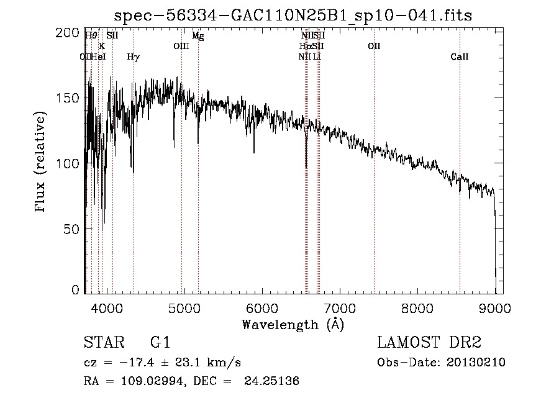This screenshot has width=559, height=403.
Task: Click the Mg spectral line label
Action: click(x=198, y=36)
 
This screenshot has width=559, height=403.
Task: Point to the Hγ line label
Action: click(x=133, y=57)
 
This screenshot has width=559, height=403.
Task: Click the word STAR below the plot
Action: click(x=102, y=343)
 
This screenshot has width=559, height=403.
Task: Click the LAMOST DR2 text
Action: click(x=429, y=343)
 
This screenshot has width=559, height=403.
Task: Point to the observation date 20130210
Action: click(x=476, y=363)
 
